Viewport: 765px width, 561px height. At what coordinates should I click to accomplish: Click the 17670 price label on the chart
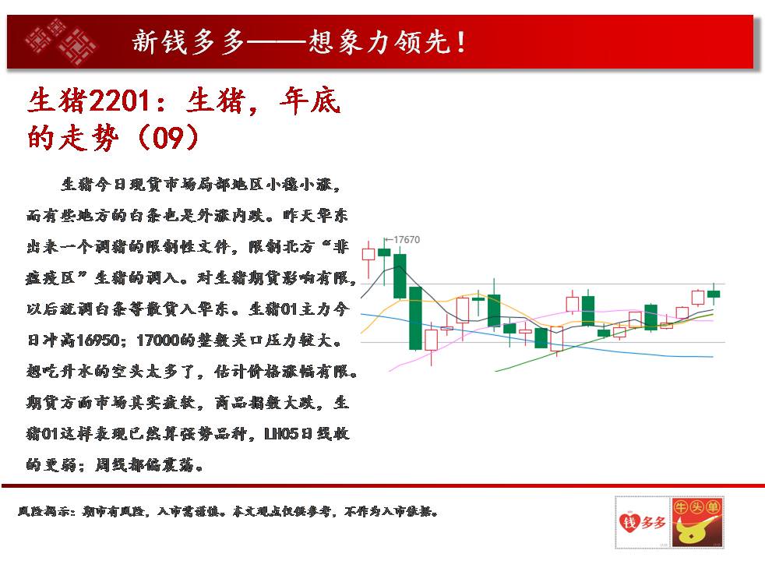[x=407, y=239]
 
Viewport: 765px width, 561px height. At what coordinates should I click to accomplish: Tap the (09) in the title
[x=168, y=137]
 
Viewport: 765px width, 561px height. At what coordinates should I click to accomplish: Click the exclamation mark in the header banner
[x=461, y=42]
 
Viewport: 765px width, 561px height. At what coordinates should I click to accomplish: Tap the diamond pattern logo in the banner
[x=61, y=41]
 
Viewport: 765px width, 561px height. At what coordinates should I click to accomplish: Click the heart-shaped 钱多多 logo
[x=643, y=522]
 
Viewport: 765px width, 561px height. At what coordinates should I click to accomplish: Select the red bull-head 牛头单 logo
[x=697, y=522]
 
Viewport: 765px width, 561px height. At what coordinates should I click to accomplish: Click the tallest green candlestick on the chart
[x=415, y=318]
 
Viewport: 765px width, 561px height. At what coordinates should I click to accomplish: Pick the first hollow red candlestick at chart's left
[x=368, y=254]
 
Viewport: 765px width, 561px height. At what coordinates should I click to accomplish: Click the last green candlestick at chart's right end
[x=714, y=294]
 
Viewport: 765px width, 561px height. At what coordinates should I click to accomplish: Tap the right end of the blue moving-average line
[x=713, y=357]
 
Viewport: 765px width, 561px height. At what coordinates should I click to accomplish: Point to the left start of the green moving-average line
[x=495, y=371]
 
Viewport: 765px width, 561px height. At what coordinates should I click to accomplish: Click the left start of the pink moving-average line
[x=389, y=371]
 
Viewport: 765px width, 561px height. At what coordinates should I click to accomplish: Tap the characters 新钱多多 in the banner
[x=188, y=42]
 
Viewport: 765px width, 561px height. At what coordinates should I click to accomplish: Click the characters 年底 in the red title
[x=310, y=101]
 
